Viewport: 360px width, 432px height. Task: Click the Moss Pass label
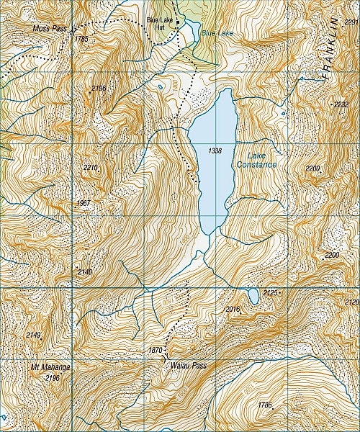(50, 28)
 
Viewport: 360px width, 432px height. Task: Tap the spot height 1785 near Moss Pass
(81, 39)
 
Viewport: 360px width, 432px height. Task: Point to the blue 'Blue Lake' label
(217, 33)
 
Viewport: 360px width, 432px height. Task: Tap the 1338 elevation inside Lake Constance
(214, 151)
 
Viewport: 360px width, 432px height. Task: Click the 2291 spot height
(351, 23)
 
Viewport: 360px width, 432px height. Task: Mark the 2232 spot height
(341, 105)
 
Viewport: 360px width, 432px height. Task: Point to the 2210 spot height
(90, 168)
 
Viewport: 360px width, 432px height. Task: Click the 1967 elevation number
(84, 204)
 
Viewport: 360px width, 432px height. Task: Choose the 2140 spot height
(85, 271)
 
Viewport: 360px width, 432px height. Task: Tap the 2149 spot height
(34, 335)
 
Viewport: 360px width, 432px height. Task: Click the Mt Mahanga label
(45, 367)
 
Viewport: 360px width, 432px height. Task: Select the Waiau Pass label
(189, 366)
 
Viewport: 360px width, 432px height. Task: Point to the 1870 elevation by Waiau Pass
(155, 351)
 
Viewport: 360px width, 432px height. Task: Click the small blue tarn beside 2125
(253, 296)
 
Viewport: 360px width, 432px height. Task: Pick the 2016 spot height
(232, 309)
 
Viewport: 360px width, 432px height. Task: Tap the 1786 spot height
(265, 405)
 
